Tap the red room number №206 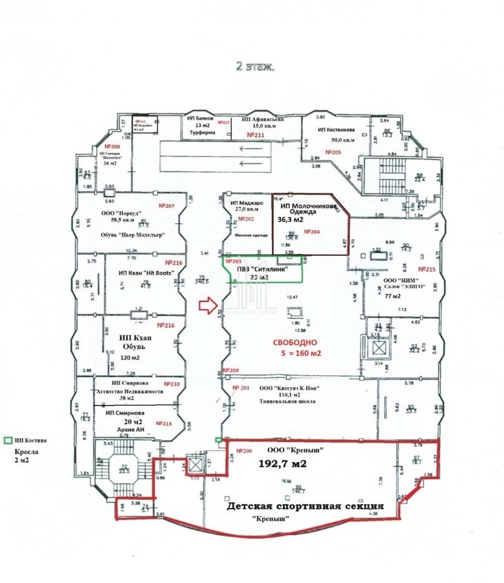tap(112, 147)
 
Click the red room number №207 tap(166, 206)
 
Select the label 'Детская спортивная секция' tap(305, 506)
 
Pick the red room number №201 tap(241, 387)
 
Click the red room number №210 tap(172, 384)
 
